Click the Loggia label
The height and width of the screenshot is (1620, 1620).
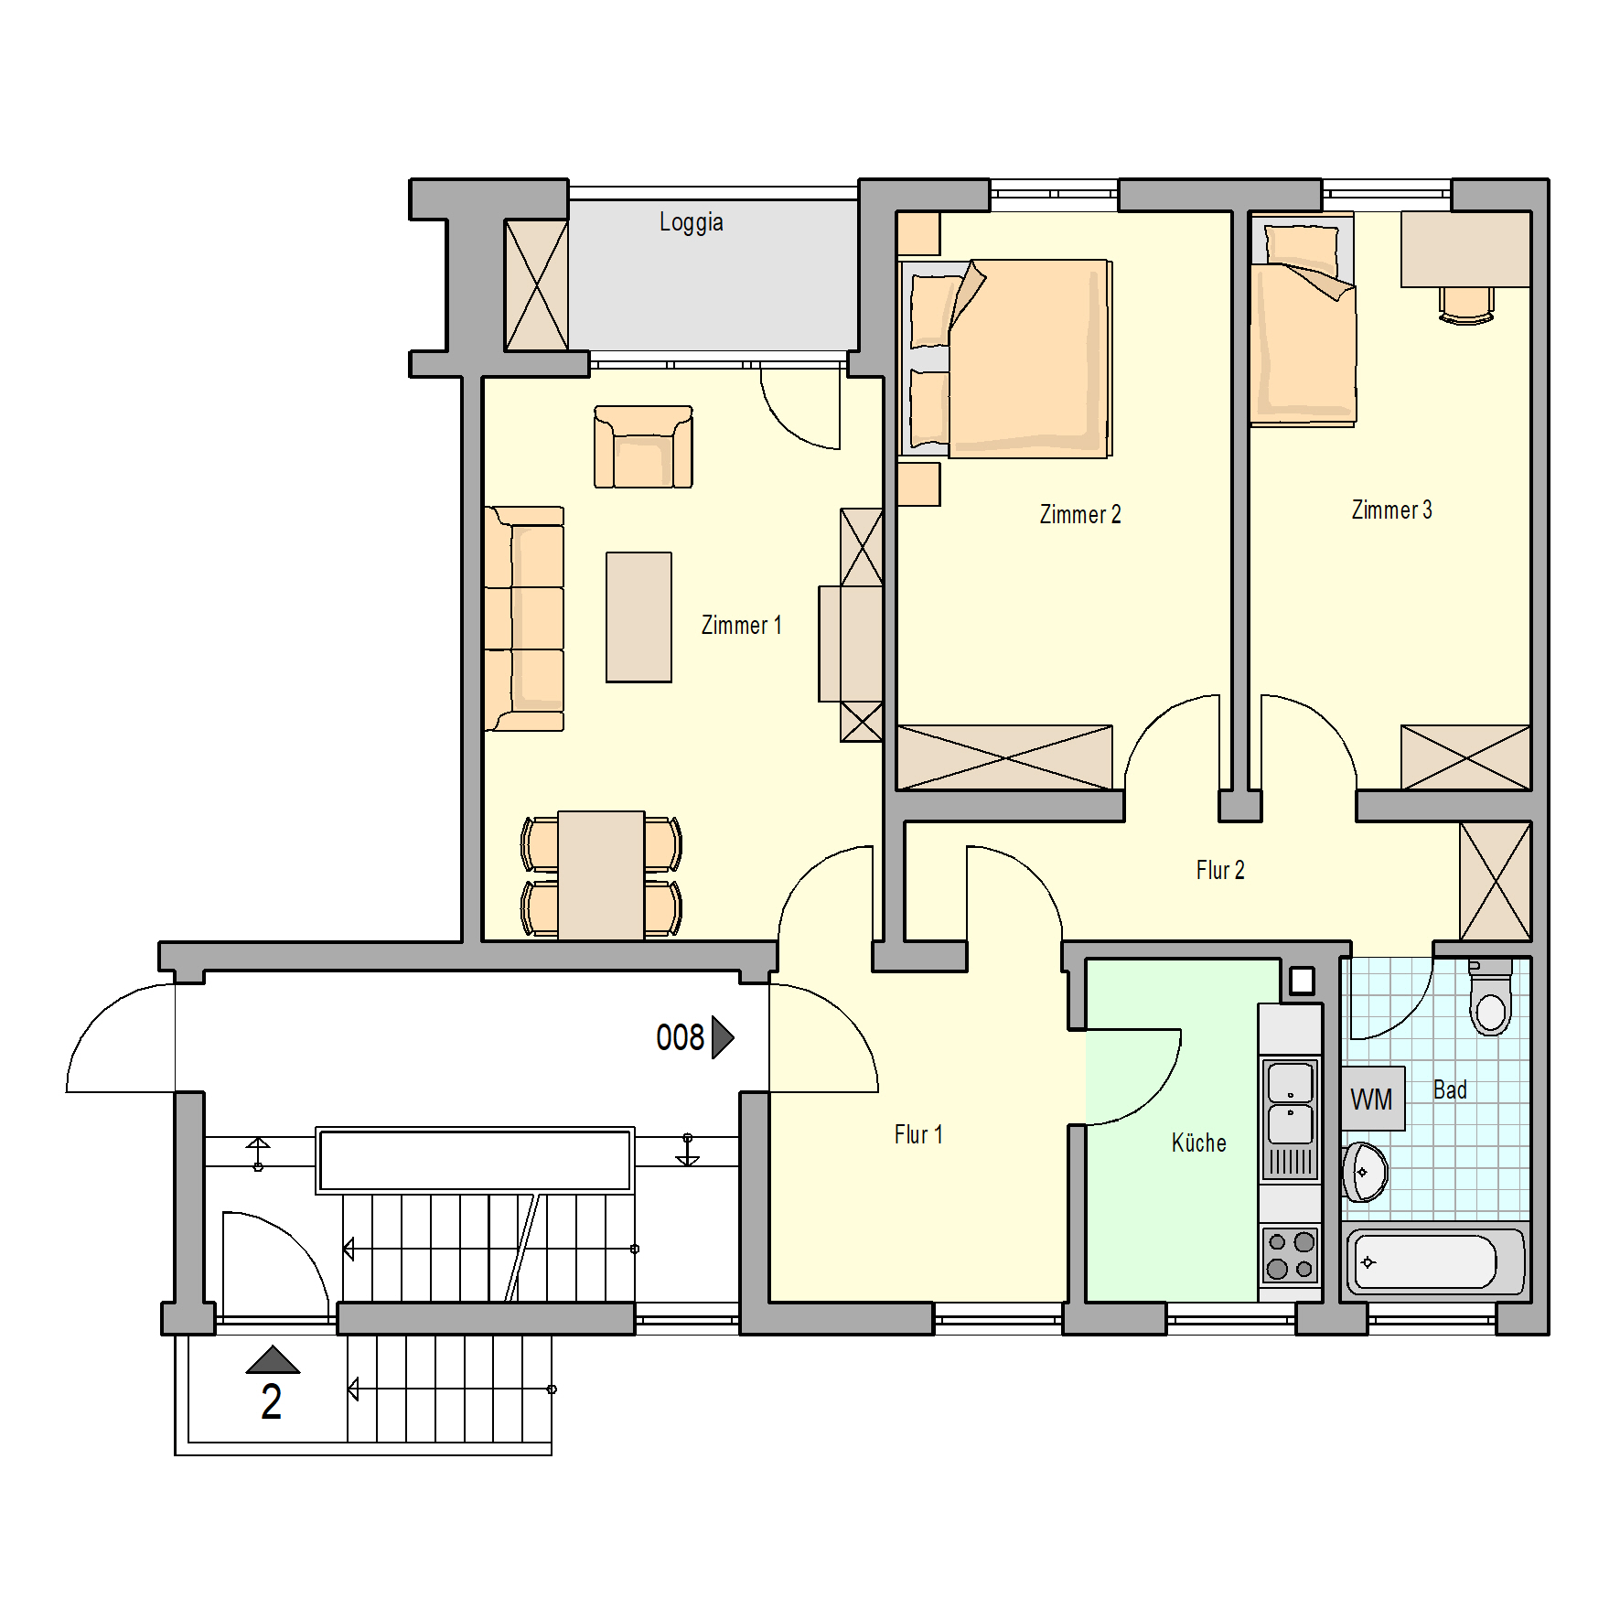(x=692, y=222)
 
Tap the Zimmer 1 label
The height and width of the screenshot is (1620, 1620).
(x=741, y=625)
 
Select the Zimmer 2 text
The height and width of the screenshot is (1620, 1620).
(x=1080, y=514)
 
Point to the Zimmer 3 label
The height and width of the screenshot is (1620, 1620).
(x=1391, y=510)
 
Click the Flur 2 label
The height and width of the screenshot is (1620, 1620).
(x=1220, y=870)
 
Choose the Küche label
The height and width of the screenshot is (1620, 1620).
(x=1198, y=1143)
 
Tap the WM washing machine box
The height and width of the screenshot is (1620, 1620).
(x=1372, y=1099)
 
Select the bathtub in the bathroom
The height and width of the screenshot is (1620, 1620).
(x=1433, y=1262)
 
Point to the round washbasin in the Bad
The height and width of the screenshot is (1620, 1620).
(x=1365, y=1172)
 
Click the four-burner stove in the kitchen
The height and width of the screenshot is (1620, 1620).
(x=1291, y=1255)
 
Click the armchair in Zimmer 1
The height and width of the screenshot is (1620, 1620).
(x=643, y=447)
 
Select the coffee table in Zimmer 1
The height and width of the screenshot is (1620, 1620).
(x=638, y=617)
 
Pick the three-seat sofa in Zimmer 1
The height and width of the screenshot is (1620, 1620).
(x=524, y=619)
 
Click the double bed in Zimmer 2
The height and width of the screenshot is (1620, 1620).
(x=1006, y=359)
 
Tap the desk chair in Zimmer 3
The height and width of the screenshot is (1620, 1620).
(x=1466, y=306)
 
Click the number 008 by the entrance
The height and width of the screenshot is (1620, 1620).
(x=680, y=1037)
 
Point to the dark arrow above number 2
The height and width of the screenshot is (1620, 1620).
(x=273, y=1359)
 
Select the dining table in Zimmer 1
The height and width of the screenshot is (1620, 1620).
(x=601, y=875)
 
